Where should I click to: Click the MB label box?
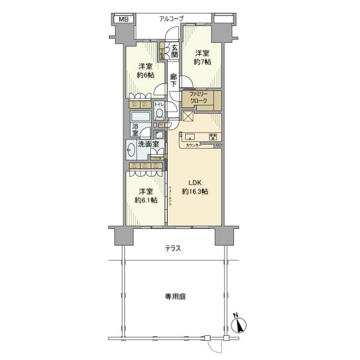(123, 20)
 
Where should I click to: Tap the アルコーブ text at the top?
(171, 19)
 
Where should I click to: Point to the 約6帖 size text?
(145, 76)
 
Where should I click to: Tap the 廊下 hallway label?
(174, 81)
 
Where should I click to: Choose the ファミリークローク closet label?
(198, 97)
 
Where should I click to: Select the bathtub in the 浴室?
(141, 118)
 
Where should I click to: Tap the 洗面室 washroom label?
(149, 145)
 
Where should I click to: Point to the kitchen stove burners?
(213, 137)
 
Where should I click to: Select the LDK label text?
(195, 182)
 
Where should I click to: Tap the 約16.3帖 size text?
(195, 192)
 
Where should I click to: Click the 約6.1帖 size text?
(145, 200)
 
